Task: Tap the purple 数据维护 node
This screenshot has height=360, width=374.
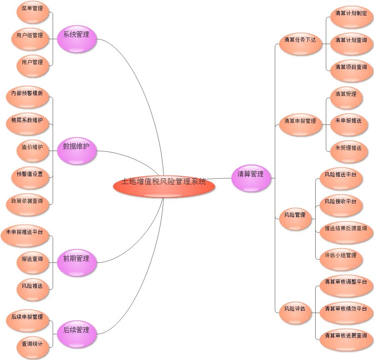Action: pyautogui.click(x=76, y=150)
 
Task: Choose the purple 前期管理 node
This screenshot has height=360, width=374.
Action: pyautogui.click(x=76, y=262)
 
